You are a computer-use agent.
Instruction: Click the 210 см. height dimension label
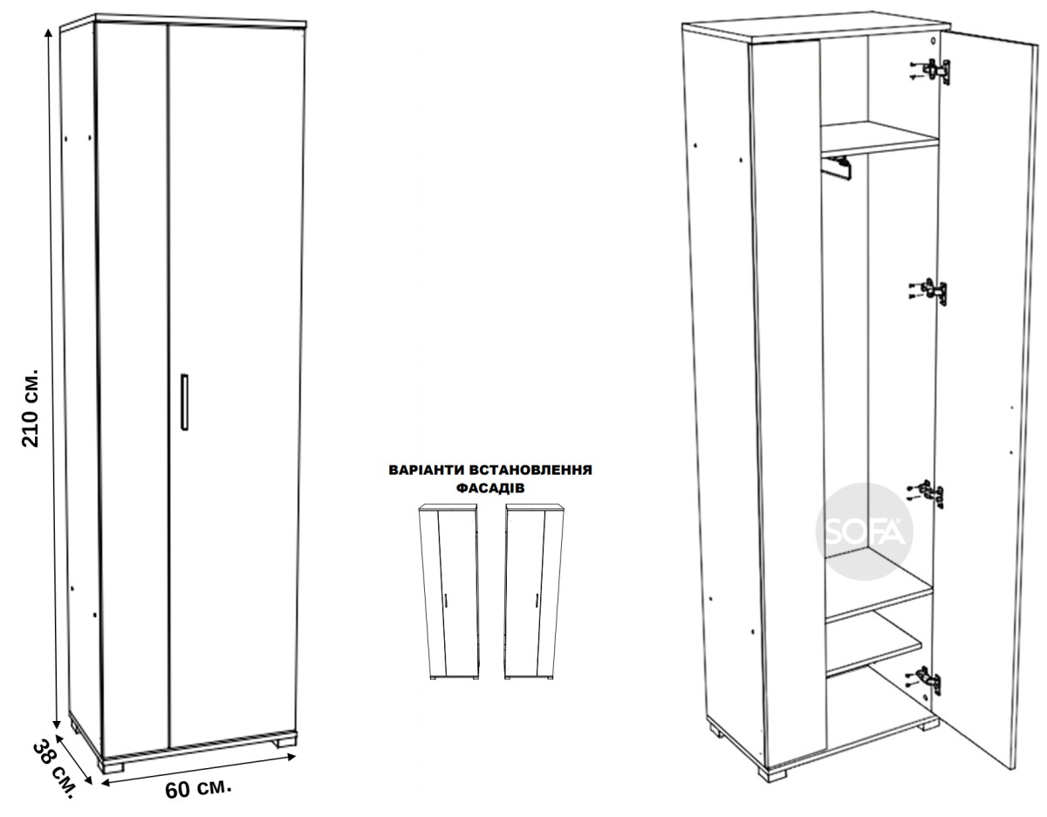coord(31,408)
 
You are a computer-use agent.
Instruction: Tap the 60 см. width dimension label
coord(198,789)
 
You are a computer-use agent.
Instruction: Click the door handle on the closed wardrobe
coord(184,402)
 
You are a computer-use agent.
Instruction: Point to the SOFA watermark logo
coord(865,532)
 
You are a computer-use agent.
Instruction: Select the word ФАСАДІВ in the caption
coord(490,488)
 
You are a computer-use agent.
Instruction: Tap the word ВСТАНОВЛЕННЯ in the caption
coord(530,470)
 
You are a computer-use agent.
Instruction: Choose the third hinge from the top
coord(925,494)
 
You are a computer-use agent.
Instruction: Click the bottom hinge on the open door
coord(923,681)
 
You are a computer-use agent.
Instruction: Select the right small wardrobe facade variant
coord(534,592)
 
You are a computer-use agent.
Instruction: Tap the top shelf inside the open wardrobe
coord(879,139)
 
